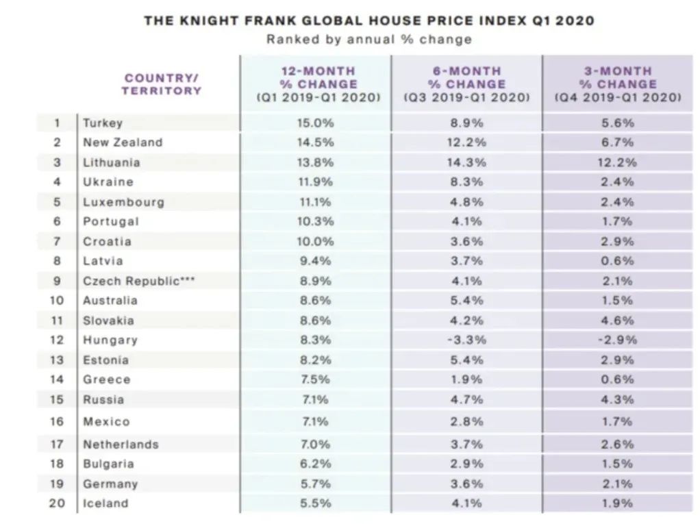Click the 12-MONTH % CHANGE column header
318,84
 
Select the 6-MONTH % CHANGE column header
466,84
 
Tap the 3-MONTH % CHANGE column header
618,84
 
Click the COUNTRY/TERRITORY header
163,84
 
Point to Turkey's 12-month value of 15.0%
318,123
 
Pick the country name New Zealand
123,142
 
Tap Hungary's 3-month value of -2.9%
618,340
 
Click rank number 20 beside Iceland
57,503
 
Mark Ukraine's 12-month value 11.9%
318,182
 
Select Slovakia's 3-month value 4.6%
618,321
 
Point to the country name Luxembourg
123,202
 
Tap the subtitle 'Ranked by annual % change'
369,39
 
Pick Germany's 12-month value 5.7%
318,484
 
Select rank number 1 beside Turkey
57,123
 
